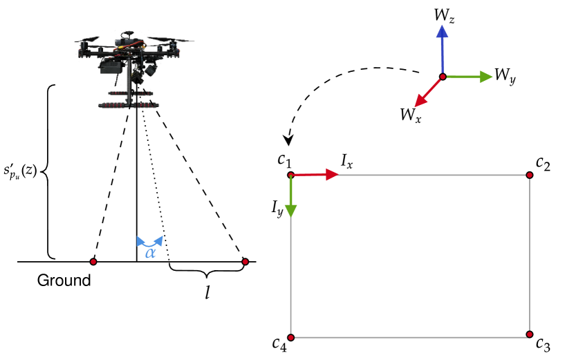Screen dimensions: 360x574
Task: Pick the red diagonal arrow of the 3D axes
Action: point(427,93)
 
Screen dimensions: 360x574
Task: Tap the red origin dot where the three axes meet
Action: point(443,77)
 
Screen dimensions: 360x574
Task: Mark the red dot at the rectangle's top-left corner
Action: point(290,175)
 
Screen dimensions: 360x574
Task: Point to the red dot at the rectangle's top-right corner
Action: point(529,175)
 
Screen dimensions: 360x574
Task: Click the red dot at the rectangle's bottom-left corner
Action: point(290,337)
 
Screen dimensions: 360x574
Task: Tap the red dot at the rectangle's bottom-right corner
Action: point(529,334)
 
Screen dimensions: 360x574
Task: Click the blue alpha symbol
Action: point(150,253)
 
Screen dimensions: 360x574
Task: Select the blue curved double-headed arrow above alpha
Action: point(150,241)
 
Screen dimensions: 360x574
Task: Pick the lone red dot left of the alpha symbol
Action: point(93,261)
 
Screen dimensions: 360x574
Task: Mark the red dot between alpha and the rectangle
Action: point(245,261)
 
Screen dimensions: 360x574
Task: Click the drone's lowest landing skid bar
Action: point(129,106)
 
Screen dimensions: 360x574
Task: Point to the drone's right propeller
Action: point(176,41)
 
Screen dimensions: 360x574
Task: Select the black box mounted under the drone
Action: point(111,68)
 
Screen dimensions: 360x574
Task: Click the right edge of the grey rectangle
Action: point(530,256)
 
